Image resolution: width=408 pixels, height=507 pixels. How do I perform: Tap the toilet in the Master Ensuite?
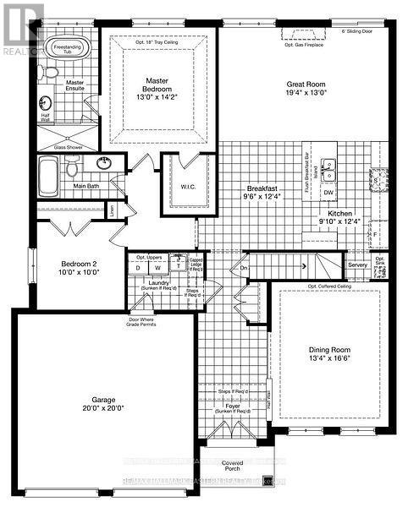point(51,74)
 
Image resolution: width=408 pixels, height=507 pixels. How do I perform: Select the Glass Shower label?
point(72,146)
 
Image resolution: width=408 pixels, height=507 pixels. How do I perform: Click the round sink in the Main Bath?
point(106,163)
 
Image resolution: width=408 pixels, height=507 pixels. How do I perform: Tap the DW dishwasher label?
point(328,193)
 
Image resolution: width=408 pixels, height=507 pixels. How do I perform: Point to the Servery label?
point(357,265)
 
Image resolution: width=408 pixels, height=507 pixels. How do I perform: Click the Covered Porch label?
point(232,466)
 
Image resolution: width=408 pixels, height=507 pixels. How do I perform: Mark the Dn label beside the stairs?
point(243,268)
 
